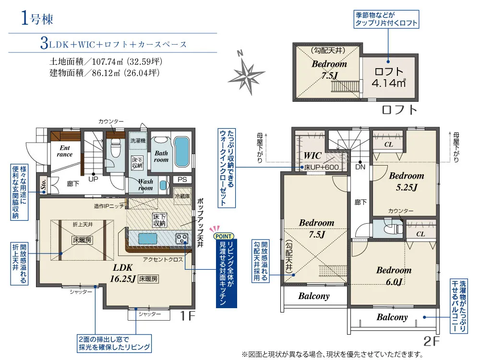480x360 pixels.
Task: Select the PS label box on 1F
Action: [182, 180]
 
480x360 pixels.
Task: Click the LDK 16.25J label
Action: [123, 273]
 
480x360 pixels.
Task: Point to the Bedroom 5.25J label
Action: [407, 181]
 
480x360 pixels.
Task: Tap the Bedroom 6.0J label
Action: [394, 276]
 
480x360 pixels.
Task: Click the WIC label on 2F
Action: [312, 156]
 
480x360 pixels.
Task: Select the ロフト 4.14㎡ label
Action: [389, 77]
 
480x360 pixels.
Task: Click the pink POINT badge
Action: [224, 236]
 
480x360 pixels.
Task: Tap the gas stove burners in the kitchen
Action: [181, 239]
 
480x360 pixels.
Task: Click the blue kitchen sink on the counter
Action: [147, 239]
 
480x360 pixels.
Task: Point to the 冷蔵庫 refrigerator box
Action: [182, 196]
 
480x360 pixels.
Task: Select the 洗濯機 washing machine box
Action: [138, 141]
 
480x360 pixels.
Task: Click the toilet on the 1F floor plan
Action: [116, 148]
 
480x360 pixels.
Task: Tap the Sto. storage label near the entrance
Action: [44, 184]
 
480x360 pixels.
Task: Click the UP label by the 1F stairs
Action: [94, 179]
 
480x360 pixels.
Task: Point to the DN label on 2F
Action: [360, 167]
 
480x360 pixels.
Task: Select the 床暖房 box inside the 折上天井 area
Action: [82, 240]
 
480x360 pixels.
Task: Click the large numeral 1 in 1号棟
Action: [25, 18]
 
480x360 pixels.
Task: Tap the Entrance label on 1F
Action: [65, 151]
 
